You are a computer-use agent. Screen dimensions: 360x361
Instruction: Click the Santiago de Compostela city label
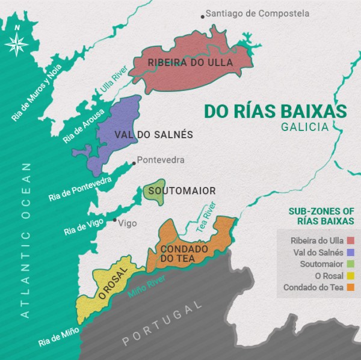click(x=257, y=13)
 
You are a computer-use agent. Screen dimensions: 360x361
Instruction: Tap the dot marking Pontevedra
click(x=134, y=162)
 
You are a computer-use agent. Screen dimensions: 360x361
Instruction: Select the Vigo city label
click(x=128, y=224)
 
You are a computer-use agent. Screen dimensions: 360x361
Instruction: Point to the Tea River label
click(x=207, y=220)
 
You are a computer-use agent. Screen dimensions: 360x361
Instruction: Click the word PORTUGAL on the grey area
click(x=162, y=325)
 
